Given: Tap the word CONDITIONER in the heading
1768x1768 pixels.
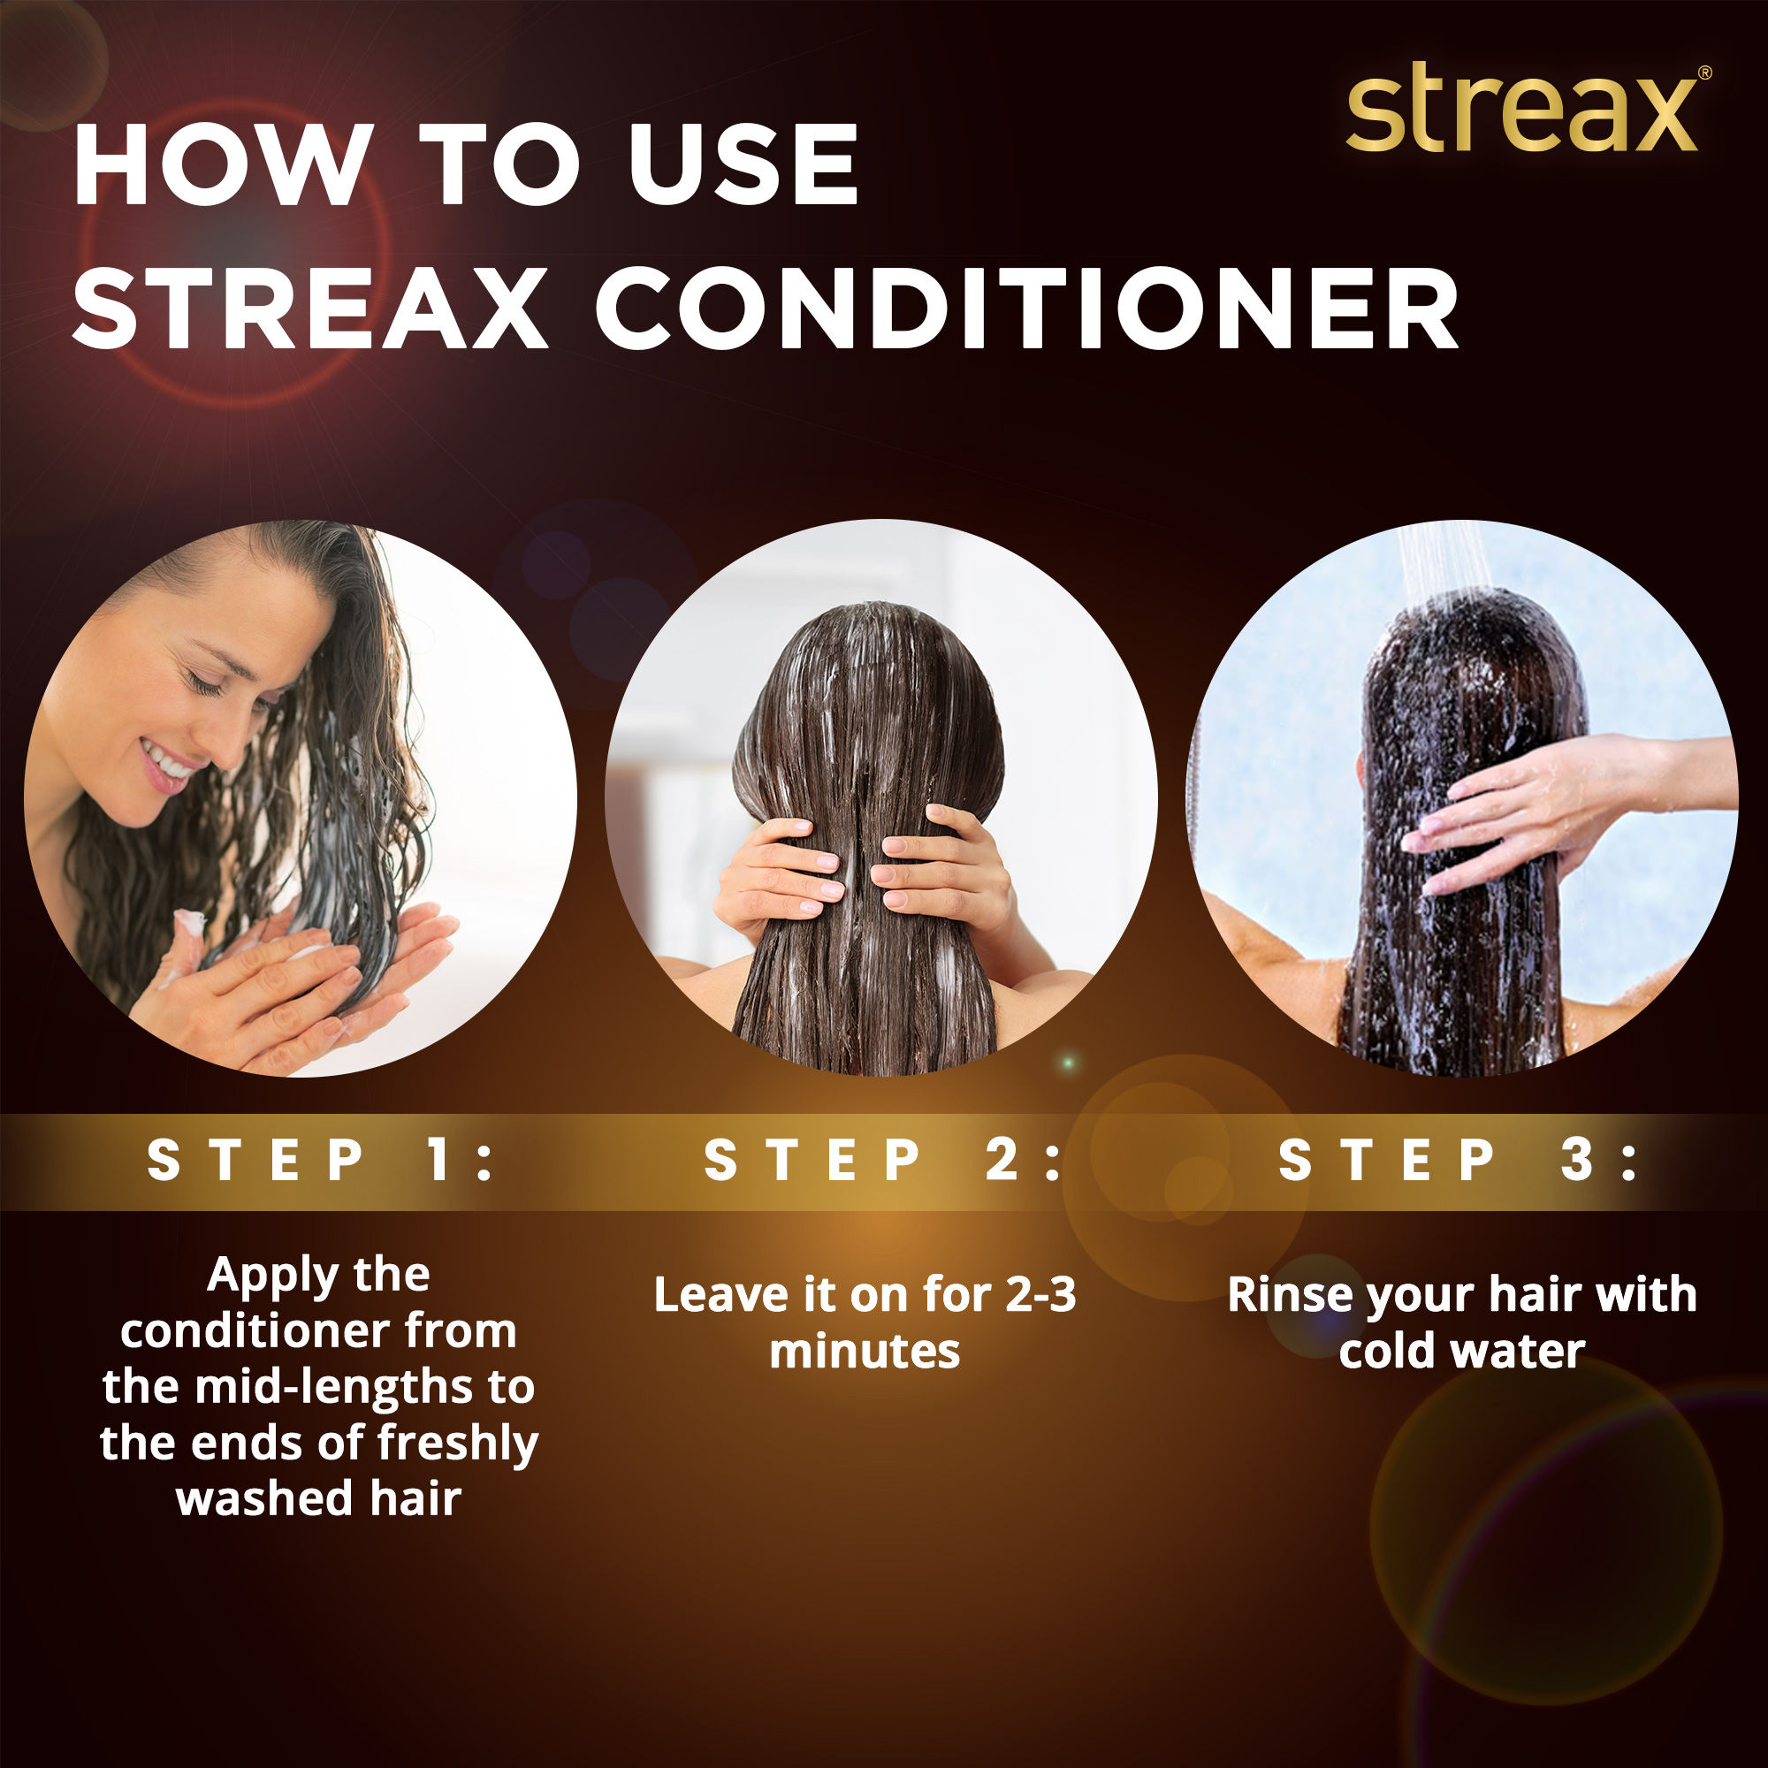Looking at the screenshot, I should (1028, 309).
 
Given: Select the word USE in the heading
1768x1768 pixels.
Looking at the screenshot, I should (743, 165).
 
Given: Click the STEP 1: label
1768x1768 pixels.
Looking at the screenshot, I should (319, 1162).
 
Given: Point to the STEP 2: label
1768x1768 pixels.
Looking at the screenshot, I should (883, 1162).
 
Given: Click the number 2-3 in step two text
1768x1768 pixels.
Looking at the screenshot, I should (1040, 1295).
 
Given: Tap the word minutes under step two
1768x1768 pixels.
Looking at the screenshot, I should (865, 1352).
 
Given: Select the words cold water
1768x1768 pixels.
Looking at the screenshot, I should (1461, 1352).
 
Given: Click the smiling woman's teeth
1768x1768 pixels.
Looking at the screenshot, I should (164, 759).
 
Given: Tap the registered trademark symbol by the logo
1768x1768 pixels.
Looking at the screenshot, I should (1704, 73).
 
